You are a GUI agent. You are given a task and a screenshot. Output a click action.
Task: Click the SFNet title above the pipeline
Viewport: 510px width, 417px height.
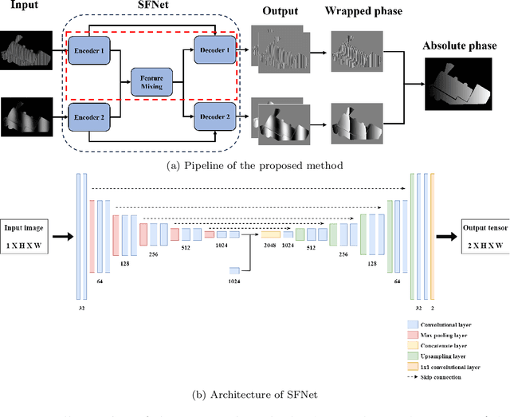[151, 7]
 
